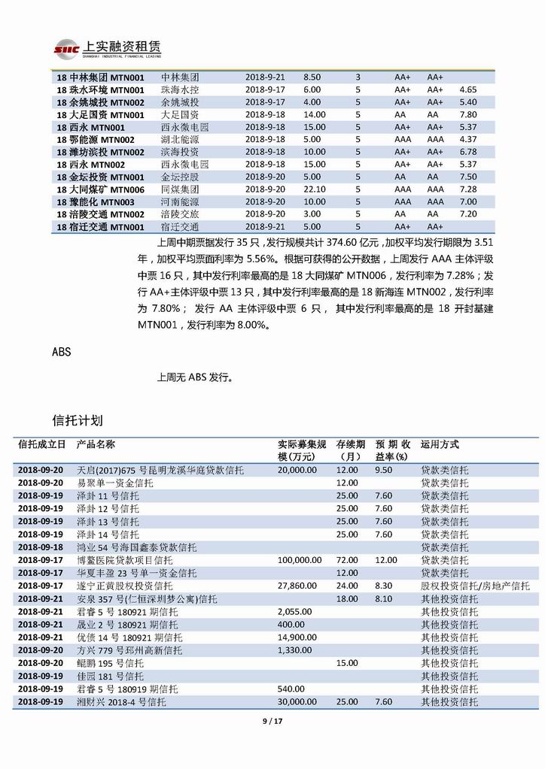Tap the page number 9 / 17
tap(272, 722)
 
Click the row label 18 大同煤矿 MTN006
tap(100, 189)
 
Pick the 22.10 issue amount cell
tap(315, 189)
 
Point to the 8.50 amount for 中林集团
tap(312, 77)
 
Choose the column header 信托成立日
tap(42, 444)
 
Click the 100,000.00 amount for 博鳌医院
tap(300, 561)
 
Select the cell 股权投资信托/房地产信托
tap(474, 586)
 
